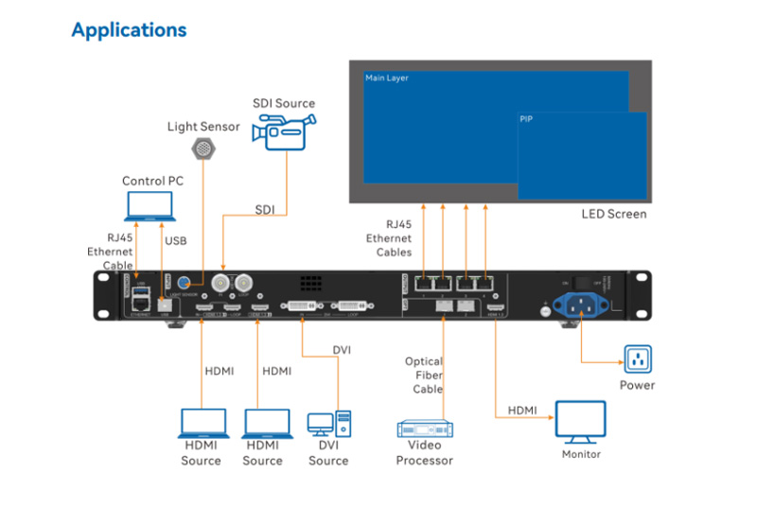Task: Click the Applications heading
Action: pos(129,30)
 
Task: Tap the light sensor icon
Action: pos(203,148)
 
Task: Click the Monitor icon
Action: pos(580,422)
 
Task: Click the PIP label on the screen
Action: pos(526,120)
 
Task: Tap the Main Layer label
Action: pos(387,78)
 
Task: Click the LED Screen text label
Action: pos(613,214)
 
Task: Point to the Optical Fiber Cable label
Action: pos(424,375)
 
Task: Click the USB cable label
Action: pos(176,240)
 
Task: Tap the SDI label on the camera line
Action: pos(264,209)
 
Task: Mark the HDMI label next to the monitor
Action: pos(521,410)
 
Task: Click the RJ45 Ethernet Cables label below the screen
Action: pos(389,239)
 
